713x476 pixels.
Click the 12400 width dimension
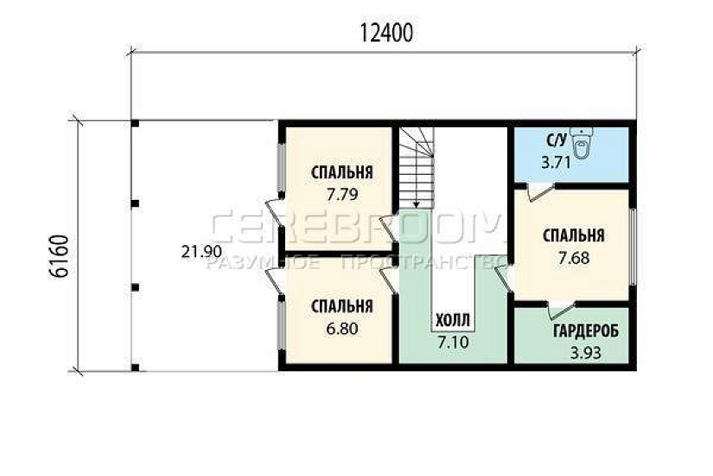[386, 33]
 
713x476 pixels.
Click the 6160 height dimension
[59, 256]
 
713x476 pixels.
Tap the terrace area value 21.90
[201, 252]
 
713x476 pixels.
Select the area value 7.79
[342, 195]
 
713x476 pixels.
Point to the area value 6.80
[342, 328]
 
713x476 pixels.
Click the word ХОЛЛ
[453, 321]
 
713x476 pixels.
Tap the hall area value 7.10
[453, 342]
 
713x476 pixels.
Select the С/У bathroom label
[557, 140]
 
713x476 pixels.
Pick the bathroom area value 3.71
[556, 163]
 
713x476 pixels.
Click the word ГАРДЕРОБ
[586, 331]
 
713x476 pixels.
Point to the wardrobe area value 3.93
[586, 352]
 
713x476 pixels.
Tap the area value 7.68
[574, 258]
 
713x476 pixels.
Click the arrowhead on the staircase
[415, 205]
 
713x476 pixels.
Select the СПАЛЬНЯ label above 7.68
[574, 235]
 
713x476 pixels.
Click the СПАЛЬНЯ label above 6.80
[342, 306]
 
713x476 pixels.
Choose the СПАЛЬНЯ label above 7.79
[342, 172]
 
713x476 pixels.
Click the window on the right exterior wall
[633, 248]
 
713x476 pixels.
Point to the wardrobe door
[561, 309]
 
